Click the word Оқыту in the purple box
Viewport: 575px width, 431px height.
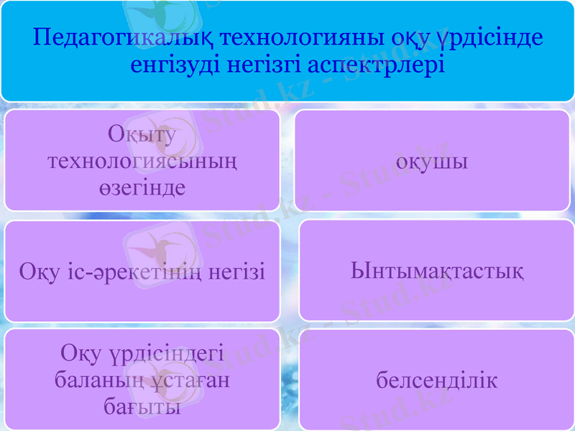coord(142,134)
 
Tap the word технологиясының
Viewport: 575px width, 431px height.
coord(142,161)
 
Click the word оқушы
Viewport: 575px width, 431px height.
coord(433,161)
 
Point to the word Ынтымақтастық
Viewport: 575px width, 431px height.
coord(437,272)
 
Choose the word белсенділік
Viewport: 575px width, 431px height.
coord(437,380)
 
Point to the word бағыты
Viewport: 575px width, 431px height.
coord(142,407)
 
